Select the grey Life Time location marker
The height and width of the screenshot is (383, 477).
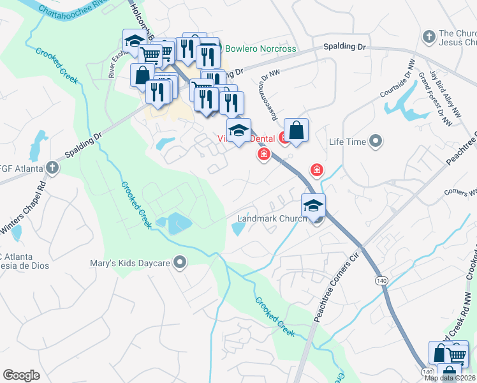(376, 141)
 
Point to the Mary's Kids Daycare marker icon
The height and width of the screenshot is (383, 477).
(180, 262)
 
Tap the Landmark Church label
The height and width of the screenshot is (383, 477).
(272, 218)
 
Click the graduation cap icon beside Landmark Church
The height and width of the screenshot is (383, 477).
(313, 205)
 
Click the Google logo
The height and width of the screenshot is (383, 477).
(21, 375)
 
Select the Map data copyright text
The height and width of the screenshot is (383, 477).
(450, 378)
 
